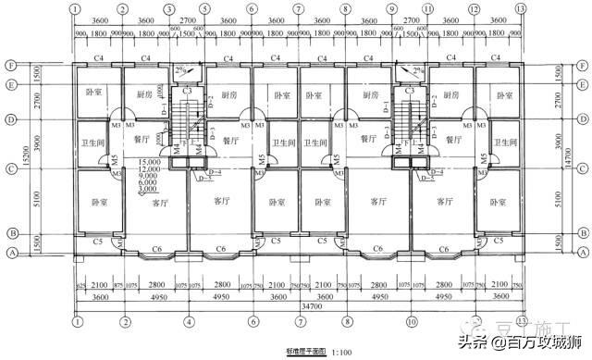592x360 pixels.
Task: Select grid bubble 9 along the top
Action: pyautogui.click(x=391, y=9)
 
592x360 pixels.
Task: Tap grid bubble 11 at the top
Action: pyautogui.click(x=427, y=9)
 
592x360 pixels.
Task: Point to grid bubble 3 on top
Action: pyautogui.click(x=169, y=9)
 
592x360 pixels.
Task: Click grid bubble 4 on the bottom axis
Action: pyautogui.click(x=190, y=321)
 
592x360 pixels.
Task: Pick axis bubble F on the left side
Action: pyautogui.click(x=10, y=66)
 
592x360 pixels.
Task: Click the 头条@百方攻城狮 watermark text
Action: pyautogui.click(x=513, y=343)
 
